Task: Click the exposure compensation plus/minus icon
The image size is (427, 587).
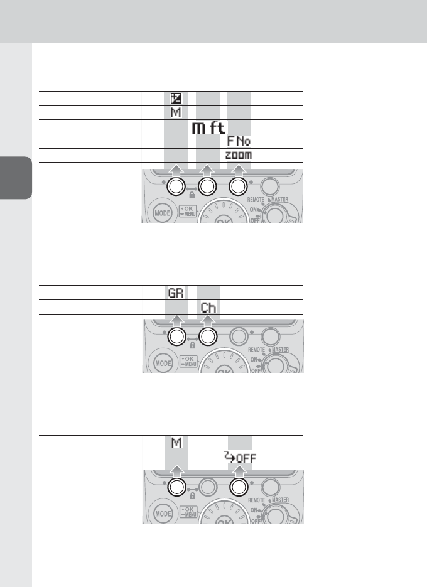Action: tap(176, 99)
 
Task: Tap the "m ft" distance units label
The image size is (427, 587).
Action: tap(208, 127)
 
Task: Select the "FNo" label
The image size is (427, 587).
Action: tap(239, 141)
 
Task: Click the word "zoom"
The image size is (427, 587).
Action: tap(239, 155)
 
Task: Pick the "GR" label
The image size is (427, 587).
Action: tap(176, 293)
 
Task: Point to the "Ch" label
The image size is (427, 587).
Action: tap(208, 308)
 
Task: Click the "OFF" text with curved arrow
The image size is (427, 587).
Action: tap(240, 457)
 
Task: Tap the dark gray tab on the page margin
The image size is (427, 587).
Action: tap(16, 178)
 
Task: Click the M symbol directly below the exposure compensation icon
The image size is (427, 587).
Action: tap(176, 112)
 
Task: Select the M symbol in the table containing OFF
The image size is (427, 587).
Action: tap(176, 443)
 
